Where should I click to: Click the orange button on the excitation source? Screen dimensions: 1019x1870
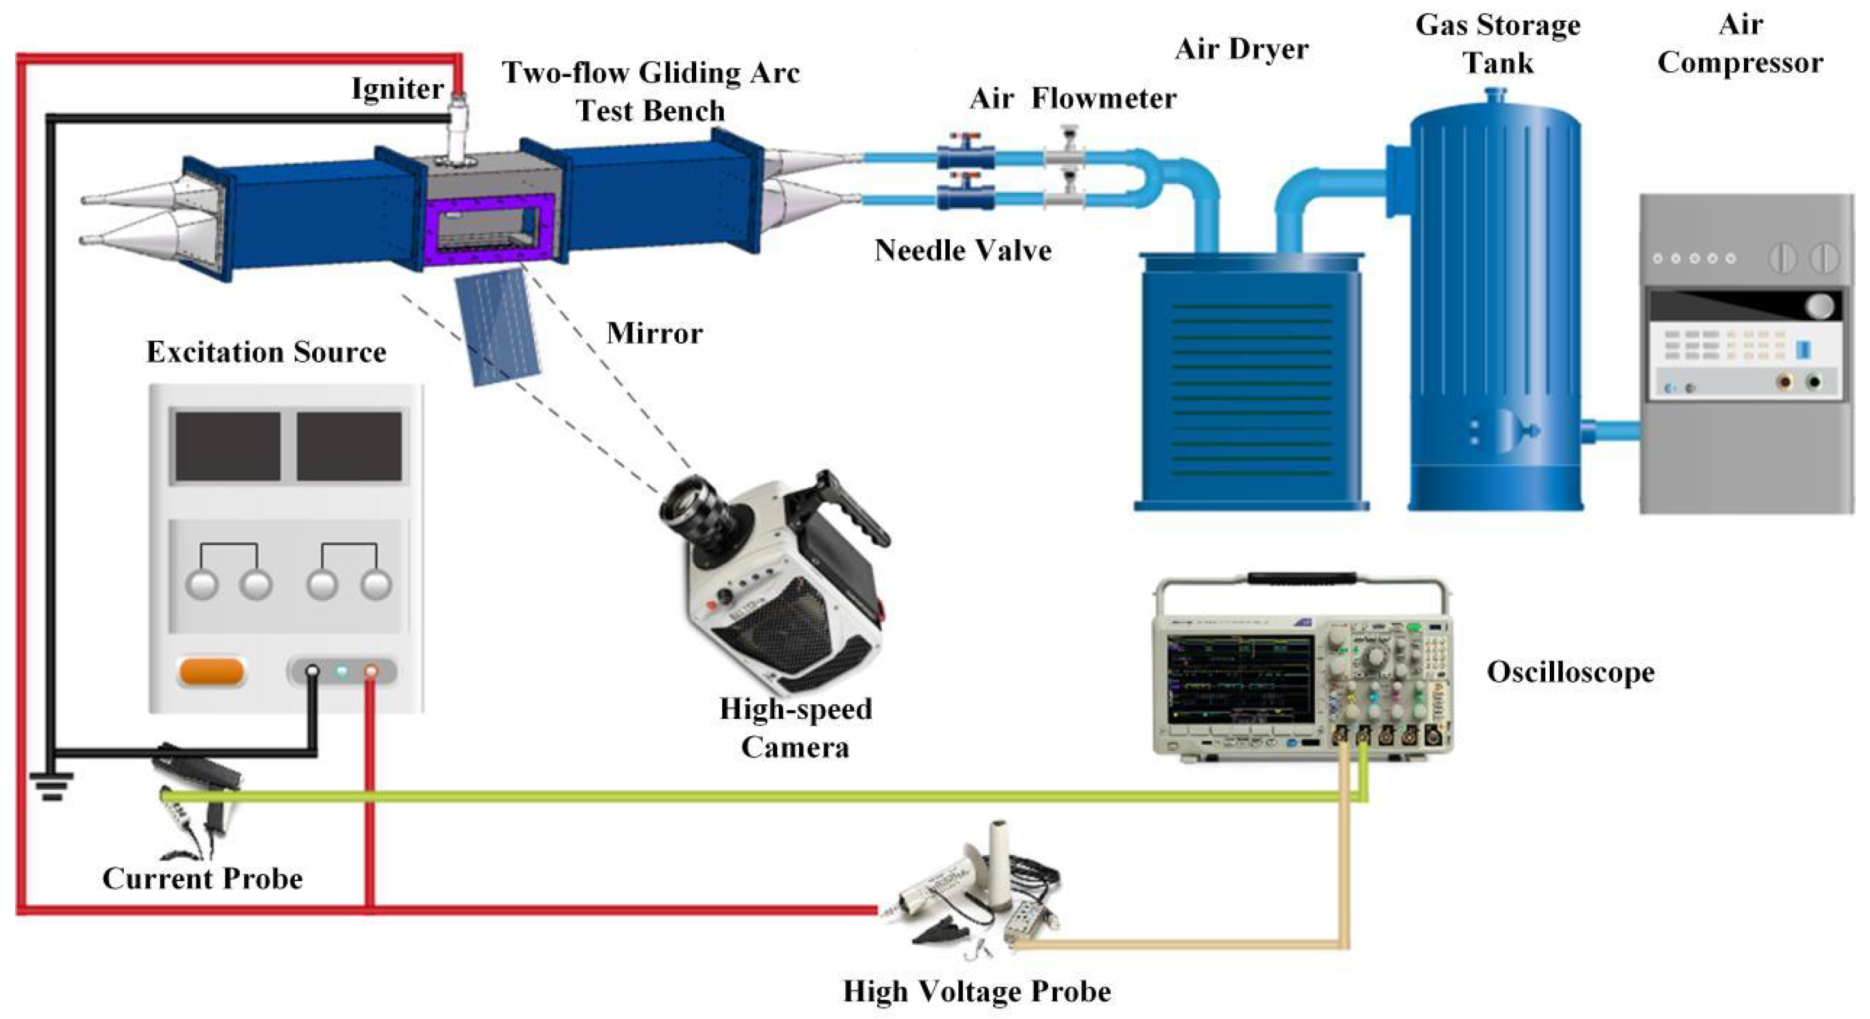tap(210, 671)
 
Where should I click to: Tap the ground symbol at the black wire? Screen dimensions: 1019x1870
tap(51, 784)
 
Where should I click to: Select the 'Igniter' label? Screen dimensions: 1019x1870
tap(397, 89)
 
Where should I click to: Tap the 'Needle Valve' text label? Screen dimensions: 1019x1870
tap(963, 250)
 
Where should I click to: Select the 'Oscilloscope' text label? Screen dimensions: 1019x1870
tap(1570, 672)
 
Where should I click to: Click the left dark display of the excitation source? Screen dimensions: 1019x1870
tap(228, 446)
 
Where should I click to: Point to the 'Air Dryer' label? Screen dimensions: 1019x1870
tap(1241, 49)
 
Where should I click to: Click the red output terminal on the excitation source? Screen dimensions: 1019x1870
tap(370, 671)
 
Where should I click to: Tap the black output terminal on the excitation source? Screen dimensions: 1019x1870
tap(312, 671)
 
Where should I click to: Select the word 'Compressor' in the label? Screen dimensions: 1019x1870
tap(1740, 63)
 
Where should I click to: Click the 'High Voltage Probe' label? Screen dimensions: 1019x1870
tap(977, 992)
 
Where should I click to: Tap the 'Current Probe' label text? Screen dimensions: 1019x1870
tap(202, 879)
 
